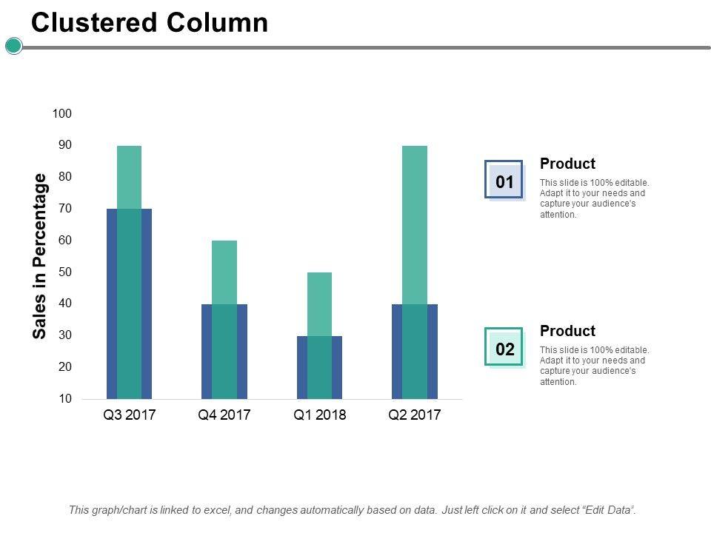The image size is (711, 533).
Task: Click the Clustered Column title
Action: click(x=150, y=23)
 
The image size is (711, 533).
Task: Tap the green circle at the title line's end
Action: click(x=13, y=47)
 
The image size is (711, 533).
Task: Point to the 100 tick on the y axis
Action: click(x=62, y=113)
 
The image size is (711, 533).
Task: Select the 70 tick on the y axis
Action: click(x=65, y=209)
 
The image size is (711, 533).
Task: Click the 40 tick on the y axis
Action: click(x=65, y=304)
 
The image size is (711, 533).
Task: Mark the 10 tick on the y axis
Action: click(x=65, y=399)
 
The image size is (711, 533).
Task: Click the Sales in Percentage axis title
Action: click(x=40, y=256)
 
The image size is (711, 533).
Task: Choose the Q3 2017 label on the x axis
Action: click(x=129, y=415)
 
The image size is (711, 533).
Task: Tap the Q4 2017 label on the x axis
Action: click(x=224, y=415)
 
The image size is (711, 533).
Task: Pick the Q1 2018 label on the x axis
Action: click(x=319, y=415)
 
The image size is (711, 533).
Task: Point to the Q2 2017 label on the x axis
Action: click(x=415, y=415)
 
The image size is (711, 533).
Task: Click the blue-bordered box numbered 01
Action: click(x=504, y=181)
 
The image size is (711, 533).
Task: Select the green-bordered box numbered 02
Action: click(x=504, y=348)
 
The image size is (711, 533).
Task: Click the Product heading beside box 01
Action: click(x=567, y=164)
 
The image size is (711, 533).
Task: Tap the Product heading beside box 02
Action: click(x=567, y=331)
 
